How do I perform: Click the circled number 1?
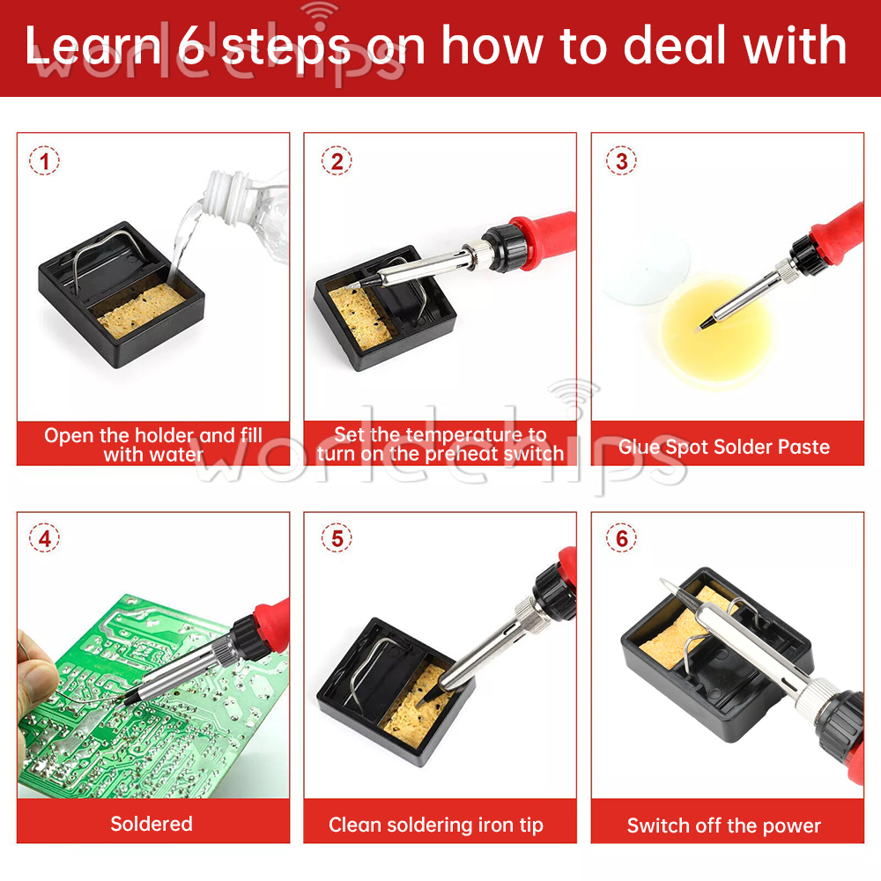click(44, 160)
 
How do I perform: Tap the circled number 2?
click(337, 160)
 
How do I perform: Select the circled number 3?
click(621, 160)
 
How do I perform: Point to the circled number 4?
click(44, 538)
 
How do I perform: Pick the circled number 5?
click(337, 538)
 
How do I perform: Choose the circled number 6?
click(621, 538)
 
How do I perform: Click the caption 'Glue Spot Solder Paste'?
click(724, 447)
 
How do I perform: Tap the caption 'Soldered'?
click(152, 824)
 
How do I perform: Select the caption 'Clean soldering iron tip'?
click(436, 825)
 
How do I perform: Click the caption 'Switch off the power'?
click(724, 825)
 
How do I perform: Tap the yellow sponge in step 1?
click(141, 310)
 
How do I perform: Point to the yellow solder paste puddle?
click(716, 330)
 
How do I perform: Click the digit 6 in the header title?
click(191, 46)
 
